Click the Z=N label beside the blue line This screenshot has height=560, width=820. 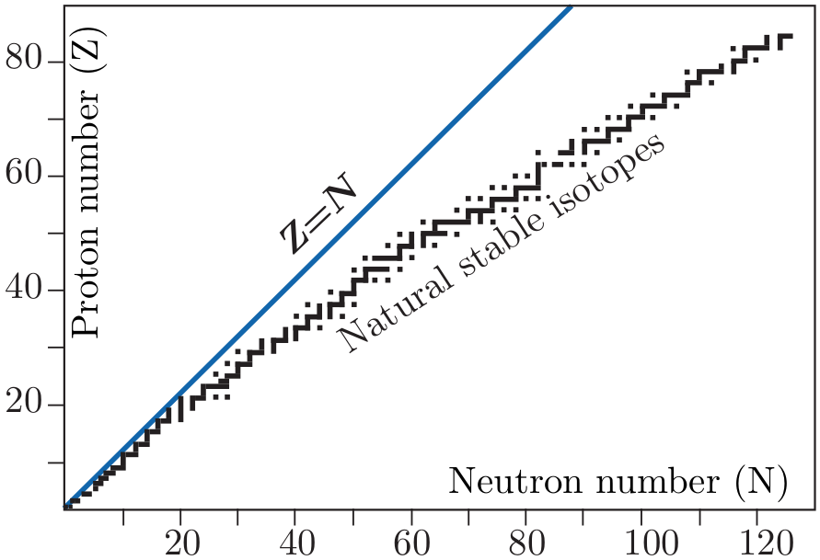point(317,213)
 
